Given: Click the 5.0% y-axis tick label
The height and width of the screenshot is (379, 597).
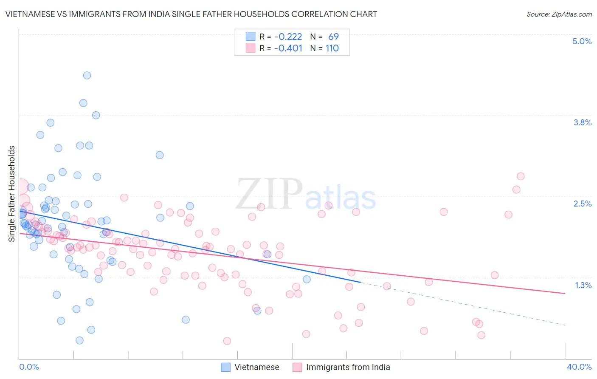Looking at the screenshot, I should pyautogui.click(x=582, y=42).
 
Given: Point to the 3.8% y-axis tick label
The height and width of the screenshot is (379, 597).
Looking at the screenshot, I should pyautogui.click(x=582, y=123).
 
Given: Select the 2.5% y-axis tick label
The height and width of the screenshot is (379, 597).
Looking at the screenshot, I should pyautogui.click(x=582, y=204).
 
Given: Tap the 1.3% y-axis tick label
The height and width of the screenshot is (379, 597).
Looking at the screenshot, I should pyautogui.click(x=583, y=285).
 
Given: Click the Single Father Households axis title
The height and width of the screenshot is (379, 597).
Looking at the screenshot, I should pyautogui.click(x=12, y=194).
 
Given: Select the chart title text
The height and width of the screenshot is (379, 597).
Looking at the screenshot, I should pyautogui.click(x=191, y=14).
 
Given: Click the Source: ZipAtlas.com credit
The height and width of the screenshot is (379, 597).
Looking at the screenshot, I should pyautogui.click(x=559, y=14).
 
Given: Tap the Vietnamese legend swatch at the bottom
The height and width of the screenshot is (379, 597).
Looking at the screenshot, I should pyautogui.click(x=225, y=368).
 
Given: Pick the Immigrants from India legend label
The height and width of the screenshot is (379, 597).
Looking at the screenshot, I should pyautogui.click(x=348, y=368).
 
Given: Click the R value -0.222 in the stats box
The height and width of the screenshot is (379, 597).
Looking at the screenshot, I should pyautogui.click(x=288, y=37).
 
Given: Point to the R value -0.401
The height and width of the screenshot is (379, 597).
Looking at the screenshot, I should pyautogui.click(x=288, y=48).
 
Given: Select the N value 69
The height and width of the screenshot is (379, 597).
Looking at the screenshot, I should pyautogui.click(x=333, y=37).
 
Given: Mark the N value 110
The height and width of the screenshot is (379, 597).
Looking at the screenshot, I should pyautogui.click(x=332, y=48).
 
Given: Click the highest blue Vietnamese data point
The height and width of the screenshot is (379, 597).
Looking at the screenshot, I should pyautogui.click(x=87, y=76).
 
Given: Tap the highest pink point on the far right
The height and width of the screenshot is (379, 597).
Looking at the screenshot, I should pyautogui.click(x=521, y=176).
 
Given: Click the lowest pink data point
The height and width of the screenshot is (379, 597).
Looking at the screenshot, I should pyautogui.click(x=227, y=341).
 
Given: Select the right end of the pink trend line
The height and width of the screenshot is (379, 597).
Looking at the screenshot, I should pyautogui.click(x=565, y=293).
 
